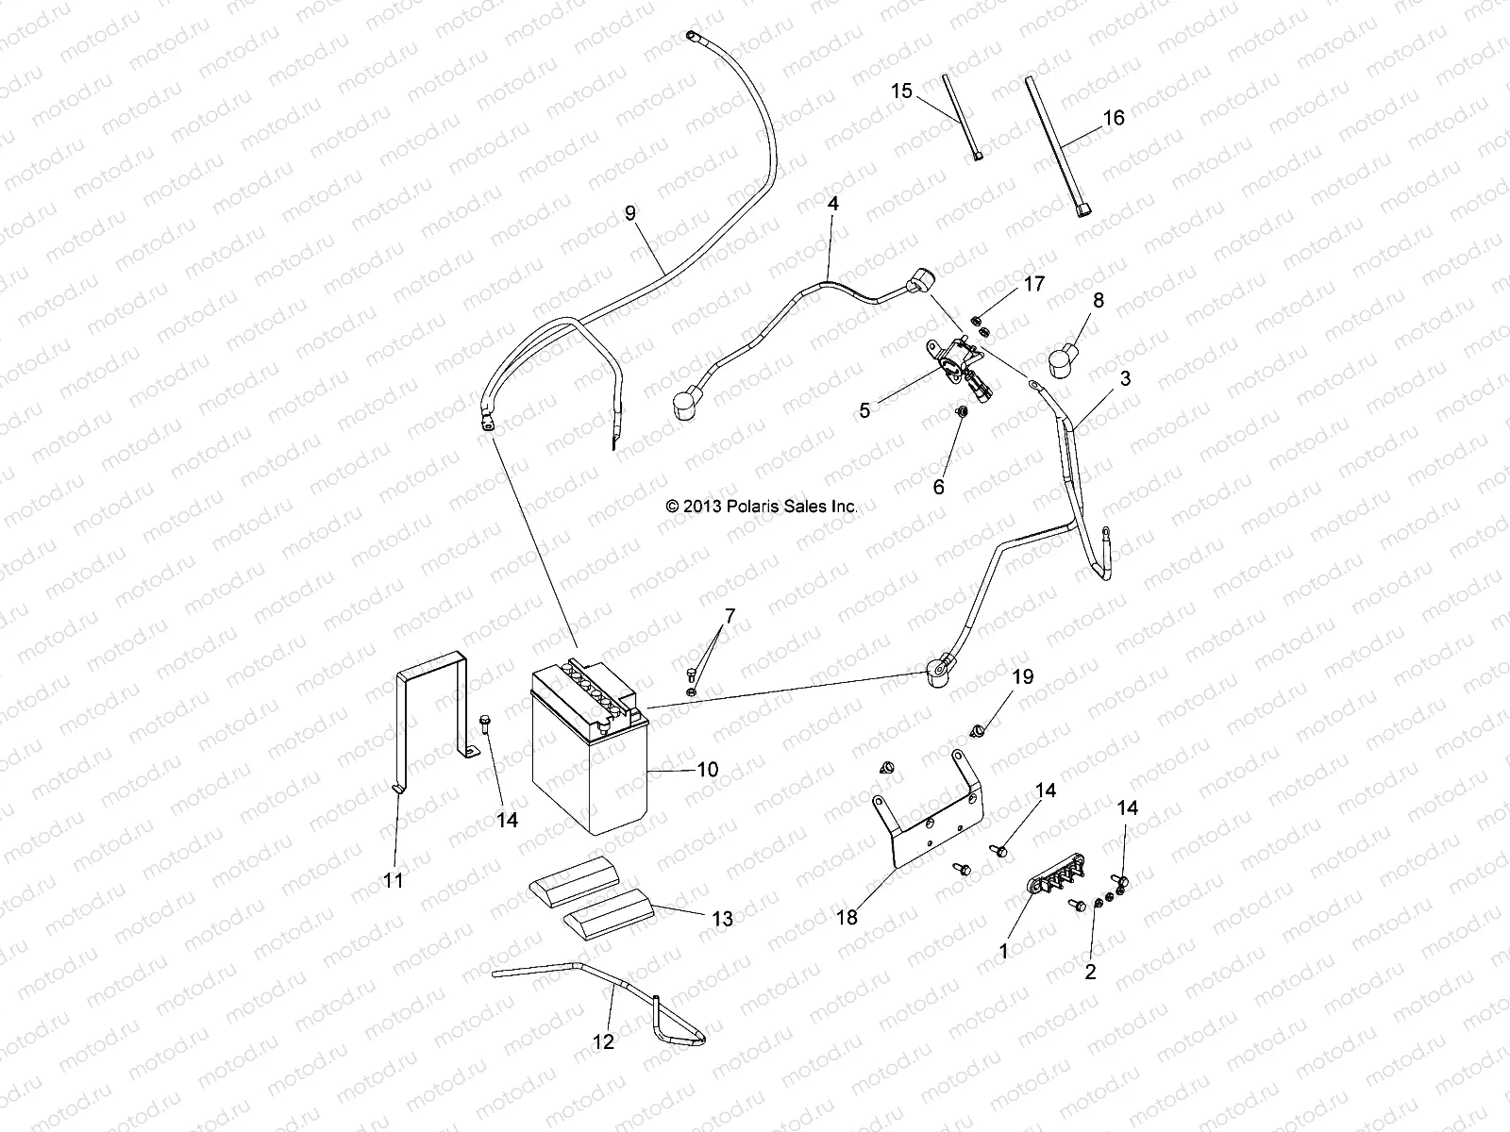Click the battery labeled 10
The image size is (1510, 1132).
tap(590, 755)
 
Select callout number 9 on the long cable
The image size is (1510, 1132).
tap(657, 213)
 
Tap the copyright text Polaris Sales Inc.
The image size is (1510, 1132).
tap(762, 507)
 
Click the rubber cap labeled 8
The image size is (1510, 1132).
tap(1066, 359)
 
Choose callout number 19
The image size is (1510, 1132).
tap(1023, 676)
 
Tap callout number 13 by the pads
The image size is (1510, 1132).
tap(722, 919)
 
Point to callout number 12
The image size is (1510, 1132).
tap(603, 1041)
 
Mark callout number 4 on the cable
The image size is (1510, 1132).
tap(832, 203)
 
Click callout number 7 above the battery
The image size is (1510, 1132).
tap(729, 617)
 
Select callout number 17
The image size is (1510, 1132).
tap(1034, 283)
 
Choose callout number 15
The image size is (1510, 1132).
tap(902, 91)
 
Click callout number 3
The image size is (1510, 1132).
tap(1099, 379)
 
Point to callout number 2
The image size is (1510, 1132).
tap(1090, 972)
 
